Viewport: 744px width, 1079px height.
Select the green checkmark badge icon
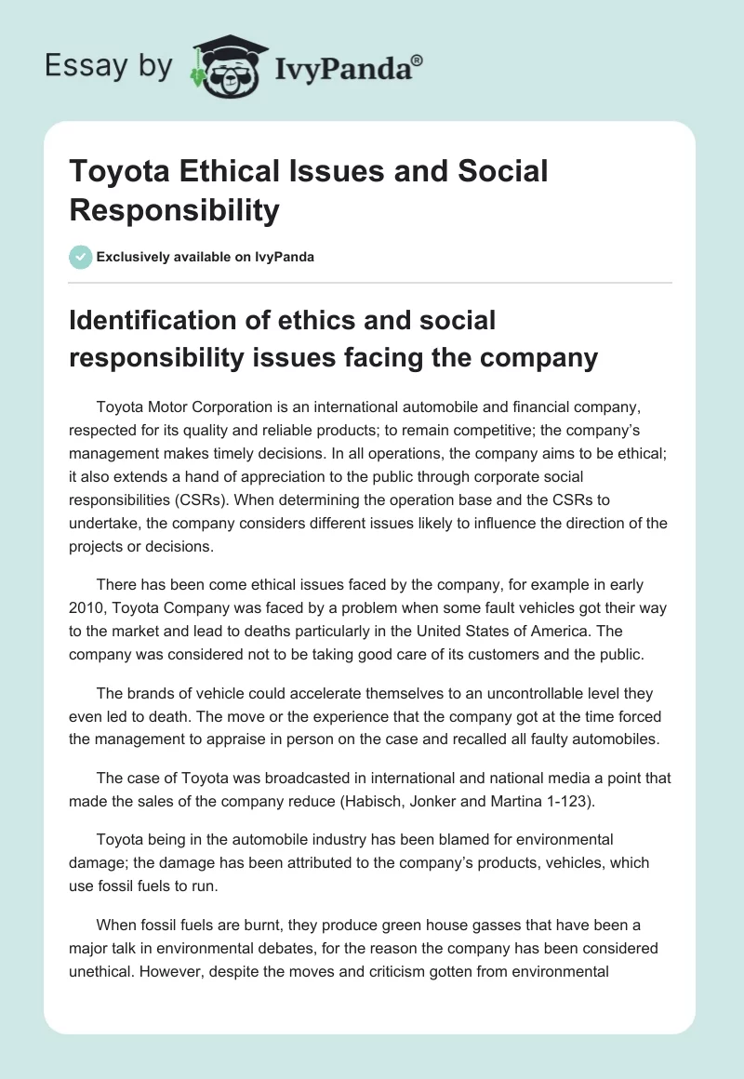pos(80,257)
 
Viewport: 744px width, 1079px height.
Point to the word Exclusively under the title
pos(137,257)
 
